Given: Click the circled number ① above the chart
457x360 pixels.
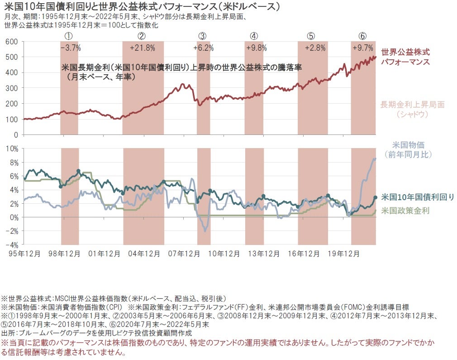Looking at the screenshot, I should pos(69,36).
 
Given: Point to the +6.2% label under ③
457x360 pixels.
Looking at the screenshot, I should pos(203,47).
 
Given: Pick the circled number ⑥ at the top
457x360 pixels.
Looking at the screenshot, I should pos(362,36).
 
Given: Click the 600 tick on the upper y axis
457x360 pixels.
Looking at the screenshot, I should pos(12,42).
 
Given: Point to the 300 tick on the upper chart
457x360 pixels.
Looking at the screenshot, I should pos(12,88).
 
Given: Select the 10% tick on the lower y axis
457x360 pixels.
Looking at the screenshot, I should pos(11,148).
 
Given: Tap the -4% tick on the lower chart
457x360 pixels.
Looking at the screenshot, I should pos(11,245).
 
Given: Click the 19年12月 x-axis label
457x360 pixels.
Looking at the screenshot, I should pos(340,252).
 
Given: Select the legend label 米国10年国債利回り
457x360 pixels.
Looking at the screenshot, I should pos(417,197).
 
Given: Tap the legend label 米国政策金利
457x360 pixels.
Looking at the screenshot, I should pos(405,211).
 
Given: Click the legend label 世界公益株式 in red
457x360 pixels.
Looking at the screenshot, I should pos(405,51).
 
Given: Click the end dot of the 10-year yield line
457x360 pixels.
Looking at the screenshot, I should pos(375,197).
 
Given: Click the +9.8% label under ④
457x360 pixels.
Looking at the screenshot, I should pos(256,47).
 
